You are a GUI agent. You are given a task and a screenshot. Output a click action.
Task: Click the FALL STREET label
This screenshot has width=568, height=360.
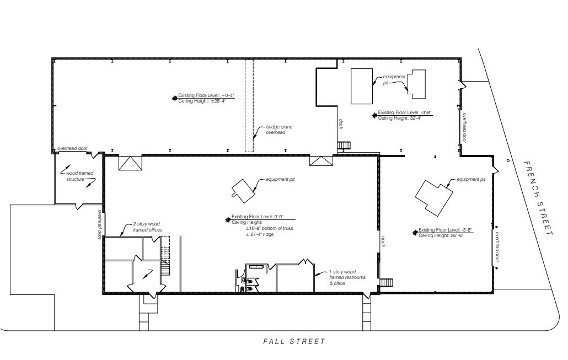[294, 342]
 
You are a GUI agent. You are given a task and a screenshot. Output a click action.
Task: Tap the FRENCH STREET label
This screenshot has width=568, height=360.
[537, 198]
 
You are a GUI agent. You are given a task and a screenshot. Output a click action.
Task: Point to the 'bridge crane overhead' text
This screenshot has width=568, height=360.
[279, 130]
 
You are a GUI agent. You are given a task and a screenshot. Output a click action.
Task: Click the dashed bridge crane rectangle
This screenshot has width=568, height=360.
[249, 105]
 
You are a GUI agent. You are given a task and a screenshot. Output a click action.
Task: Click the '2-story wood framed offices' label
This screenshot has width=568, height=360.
[147, 227]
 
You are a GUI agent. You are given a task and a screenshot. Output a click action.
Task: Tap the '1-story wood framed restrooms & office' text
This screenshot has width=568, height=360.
[343, 277]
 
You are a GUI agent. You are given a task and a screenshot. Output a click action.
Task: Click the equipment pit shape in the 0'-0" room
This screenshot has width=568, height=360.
[242, 189]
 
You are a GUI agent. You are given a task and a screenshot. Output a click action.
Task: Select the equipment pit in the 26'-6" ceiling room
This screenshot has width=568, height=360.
[435, 197]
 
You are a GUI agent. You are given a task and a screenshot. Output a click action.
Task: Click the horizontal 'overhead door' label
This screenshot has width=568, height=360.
[73, 149]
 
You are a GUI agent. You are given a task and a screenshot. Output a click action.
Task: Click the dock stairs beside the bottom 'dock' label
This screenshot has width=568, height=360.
[387, 283]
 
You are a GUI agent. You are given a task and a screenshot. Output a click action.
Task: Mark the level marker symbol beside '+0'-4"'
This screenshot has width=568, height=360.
[174, 98]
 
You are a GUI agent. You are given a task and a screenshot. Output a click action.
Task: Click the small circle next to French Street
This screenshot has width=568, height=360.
[508, 160]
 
